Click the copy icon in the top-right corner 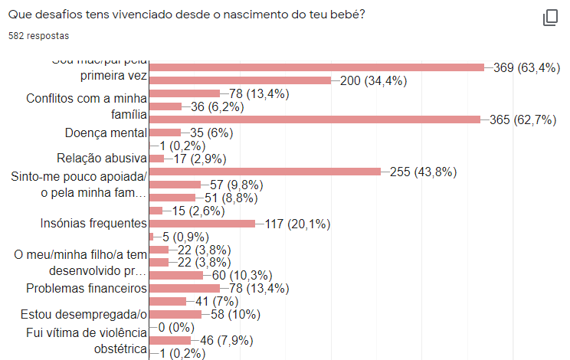click(550, 18)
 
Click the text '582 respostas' click(38, 36)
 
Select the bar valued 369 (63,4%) click(316, 67)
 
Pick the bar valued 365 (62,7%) click(315, 119)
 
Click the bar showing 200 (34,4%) click(240, 80)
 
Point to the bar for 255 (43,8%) click(265, 172)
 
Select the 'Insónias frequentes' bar click(202, 224)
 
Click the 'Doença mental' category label click(106, 133)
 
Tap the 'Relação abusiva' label click(101, 159)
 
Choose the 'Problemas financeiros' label click(86, 288)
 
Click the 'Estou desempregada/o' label click(84, 314)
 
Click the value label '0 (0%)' click(177, 327)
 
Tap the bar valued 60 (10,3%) click(176, 275)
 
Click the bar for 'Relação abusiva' click(157, 159)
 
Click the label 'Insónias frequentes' click(93, 224)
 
